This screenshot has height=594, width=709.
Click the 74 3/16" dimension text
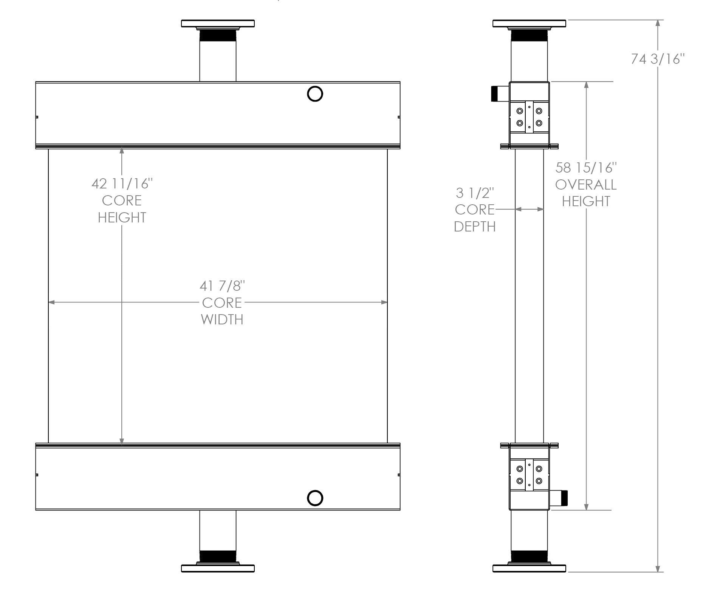click(x=658, y=59)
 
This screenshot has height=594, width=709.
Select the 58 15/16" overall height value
click(x=586, y=167)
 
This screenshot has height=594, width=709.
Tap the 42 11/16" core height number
click(x=122, y=184)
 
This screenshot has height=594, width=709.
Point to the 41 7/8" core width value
click(x=222, y=286)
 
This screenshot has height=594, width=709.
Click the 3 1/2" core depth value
click(x=475, y=193)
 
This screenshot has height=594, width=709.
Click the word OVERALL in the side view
click(x=586, y=185)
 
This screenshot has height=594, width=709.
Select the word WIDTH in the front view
click(x=222, y=319)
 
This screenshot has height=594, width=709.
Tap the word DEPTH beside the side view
click(x=475, y=227)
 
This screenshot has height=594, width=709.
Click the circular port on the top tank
click(x=315, y=94)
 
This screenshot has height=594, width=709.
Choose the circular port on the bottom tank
click(x=315, y=498)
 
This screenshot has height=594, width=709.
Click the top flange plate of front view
click(x=218, y=23)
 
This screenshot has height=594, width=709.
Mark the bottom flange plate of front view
click(x=218, y=568)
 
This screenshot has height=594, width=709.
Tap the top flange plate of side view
click(x=529, y=23)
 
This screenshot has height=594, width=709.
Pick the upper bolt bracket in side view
click(x=529, y=117)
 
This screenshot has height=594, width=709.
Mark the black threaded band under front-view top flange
click(x=218, y=36)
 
